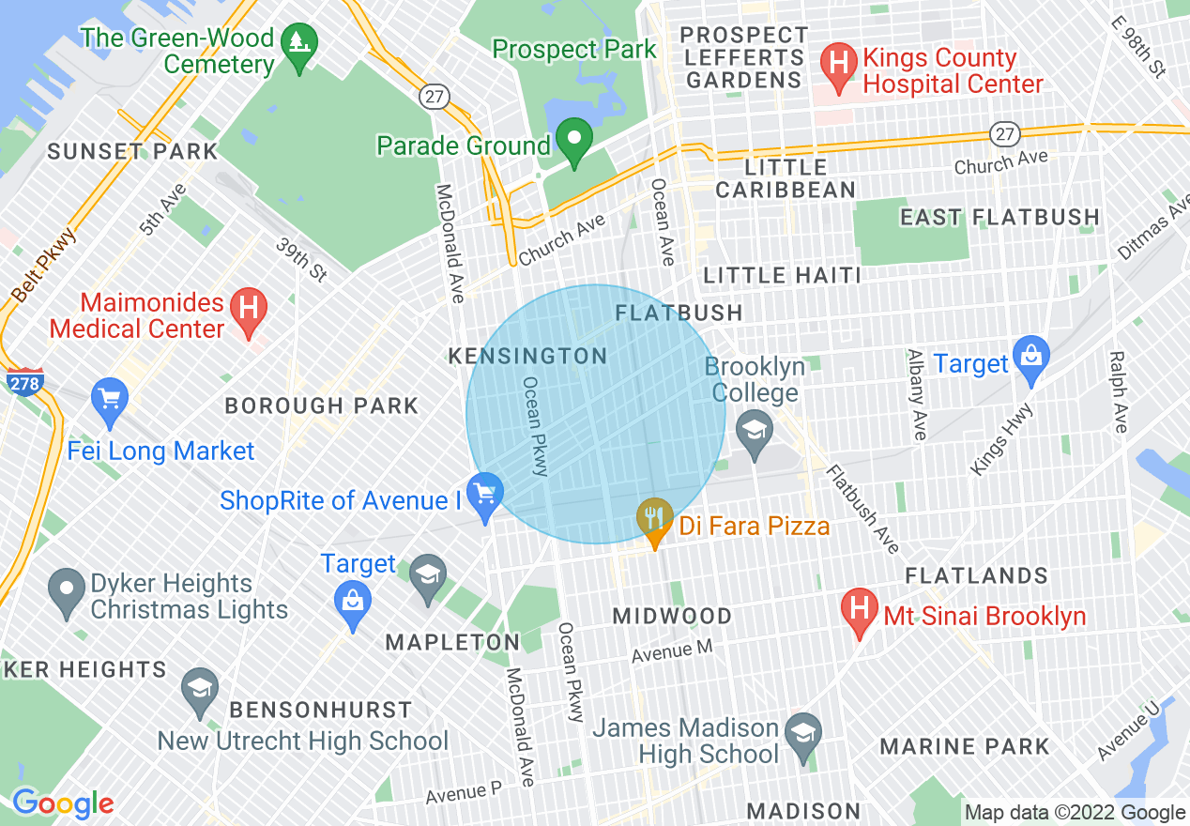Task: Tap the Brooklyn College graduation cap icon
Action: click(x=754, y=433)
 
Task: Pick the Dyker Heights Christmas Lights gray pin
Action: click(x=66, y=590)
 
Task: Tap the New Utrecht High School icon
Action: click(x=199, y=688)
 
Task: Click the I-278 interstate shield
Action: click(x=24, y=381)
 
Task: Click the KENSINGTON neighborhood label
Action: click(x=527, y=357)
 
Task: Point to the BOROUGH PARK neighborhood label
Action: click(x=322, y=406)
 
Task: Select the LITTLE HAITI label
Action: click(x=782, y=275)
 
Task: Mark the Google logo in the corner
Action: click(x=63, y=803)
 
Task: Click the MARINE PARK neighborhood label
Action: click(x=965, y=747)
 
